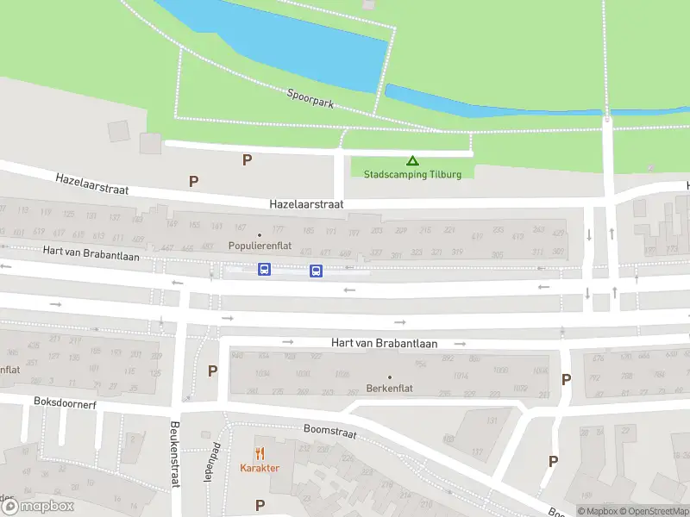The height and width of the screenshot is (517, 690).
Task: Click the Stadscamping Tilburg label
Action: pos(412,174)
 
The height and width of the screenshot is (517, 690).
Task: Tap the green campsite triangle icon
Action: pos(412,160)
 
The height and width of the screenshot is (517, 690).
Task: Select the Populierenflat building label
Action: pos(260,246)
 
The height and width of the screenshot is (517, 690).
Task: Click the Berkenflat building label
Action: pos(389,388)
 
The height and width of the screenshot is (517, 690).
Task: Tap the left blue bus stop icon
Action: pos(264,270)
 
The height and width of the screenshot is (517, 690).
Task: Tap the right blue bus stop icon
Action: pos(316,271)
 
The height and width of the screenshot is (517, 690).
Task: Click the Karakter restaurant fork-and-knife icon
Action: pos(259,453)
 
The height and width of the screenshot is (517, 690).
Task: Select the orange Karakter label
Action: pos(259,468)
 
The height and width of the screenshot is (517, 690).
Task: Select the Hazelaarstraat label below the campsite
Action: pos(306,204)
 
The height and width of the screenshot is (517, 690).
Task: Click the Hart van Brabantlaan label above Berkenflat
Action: pos(384,342)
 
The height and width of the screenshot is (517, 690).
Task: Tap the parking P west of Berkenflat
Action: pos(213,371)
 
